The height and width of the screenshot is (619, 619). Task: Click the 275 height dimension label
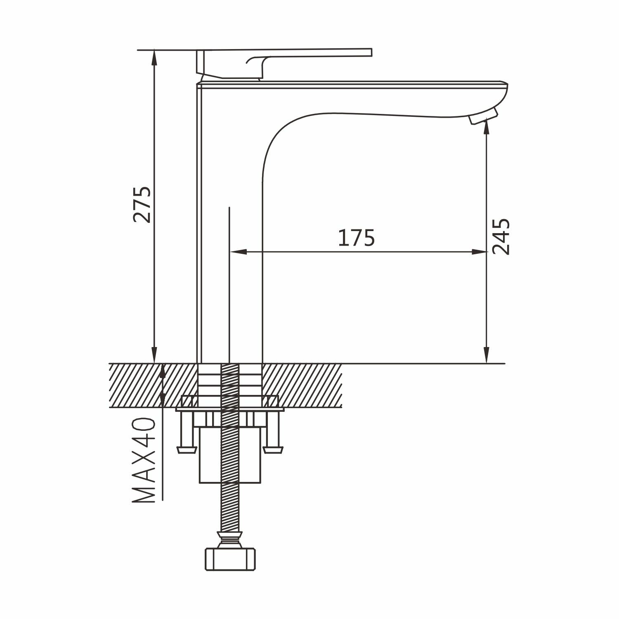coord(142,205)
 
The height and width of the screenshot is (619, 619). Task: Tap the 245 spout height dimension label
coord(501,237)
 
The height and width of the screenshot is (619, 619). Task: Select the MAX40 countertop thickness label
coord(144,460)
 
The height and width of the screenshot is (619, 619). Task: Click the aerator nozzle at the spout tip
coord(484,116)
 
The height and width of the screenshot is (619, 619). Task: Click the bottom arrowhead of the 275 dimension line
coord(154,355)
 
